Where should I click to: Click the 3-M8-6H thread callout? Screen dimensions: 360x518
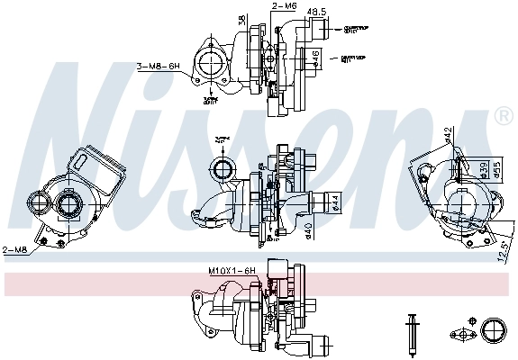pos(159,66)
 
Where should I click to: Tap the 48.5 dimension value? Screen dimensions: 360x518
pos(317,12)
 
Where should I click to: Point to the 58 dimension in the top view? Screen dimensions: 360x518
pos(241,20)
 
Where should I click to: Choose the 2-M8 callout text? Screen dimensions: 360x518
pos(14,249)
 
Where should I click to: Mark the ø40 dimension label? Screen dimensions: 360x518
pos(308,232)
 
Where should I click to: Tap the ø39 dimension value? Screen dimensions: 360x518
pos(483,168)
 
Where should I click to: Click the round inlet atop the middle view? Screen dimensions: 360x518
pos(222,167)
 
